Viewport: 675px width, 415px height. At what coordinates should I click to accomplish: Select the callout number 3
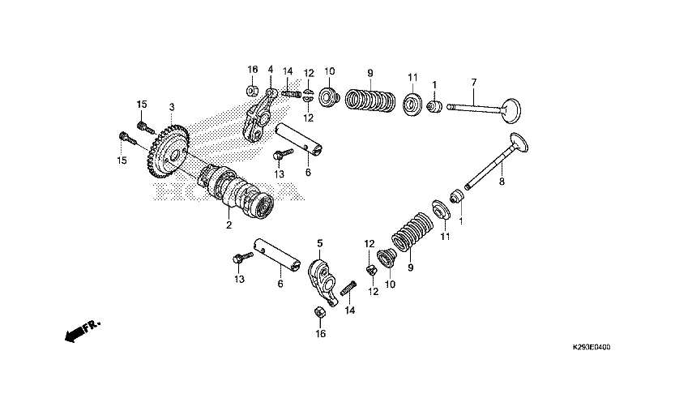pos(172,107)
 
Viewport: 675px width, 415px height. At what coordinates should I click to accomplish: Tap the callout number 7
pos(474,82)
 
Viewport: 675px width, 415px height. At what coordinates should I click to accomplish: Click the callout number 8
pos(501,182)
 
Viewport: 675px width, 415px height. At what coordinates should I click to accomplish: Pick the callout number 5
pos(319,242)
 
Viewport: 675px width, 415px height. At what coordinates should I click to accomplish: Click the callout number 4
pos(271,70)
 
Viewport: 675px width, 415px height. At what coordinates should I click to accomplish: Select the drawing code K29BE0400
pos(602,346)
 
